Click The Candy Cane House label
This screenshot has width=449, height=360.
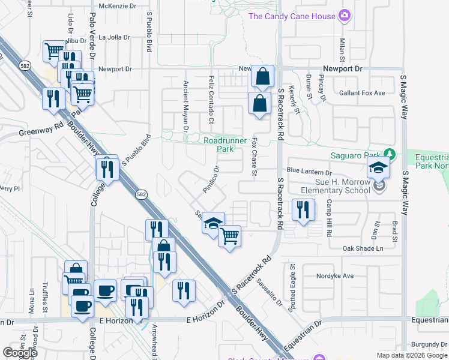point(292,16)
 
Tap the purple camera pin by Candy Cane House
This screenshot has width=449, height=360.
point(345,15)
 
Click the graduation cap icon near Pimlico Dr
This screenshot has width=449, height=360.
point(212,223)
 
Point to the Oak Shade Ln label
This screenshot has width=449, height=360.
point(363,248)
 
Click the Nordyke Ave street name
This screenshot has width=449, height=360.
point(337,277)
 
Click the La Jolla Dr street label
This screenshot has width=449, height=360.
point(115,37)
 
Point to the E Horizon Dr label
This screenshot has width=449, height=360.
point(205,321)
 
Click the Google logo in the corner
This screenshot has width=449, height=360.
point(20,353)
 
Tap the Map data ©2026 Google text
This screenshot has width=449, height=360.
point(411,355)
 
